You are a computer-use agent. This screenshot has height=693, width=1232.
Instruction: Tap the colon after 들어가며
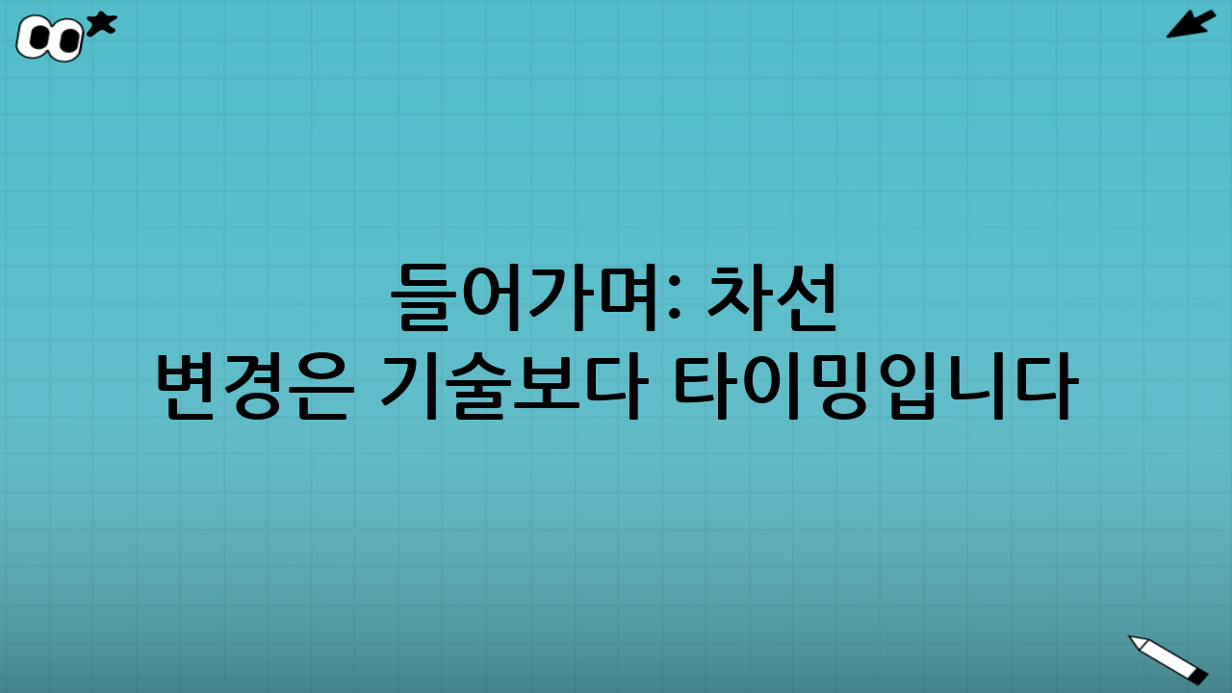coord(674,300)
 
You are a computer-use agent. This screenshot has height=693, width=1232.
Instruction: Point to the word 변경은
coord(250,387)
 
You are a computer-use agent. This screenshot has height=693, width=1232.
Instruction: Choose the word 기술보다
coord(511,387)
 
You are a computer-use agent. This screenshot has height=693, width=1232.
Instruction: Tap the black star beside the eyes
coord(101,24)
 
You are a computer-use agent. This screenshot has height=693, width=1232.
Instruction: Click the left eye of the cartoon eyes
coord(39,38)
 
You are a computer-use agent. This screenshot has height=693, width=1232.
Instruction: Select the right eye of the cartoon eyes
coord(67,39)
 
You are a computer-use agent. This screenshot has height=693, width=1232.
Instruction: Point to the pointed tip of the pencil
coord(1132,638)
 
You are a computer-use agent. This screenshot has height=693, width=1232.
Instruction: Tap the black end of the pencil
coord(1198,676)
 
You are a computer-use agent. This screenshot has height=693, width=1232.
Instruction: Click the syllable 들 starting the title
coord(423,298)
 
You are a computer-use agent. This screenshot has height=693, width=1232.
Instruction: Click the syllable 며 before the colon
coord(631,298)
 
